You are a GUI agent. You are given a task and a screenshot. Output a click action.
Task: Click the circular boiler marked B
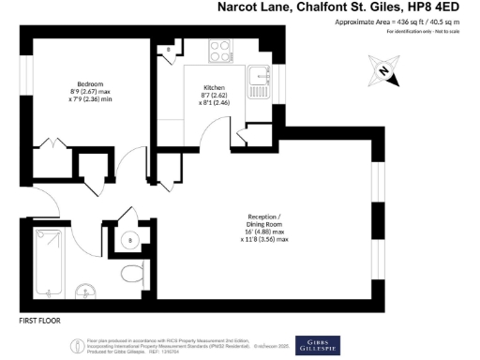pos(129,240)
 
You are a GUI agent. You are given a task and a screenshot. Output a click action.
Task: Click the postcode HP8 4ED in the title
pos(445,7)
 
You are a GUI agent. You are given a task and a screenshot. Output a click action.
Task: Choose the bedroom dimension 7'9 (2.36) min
pos(90,100)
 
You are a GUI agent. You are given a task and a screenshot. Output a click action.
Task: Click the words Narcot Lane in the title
pos(254,7)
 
